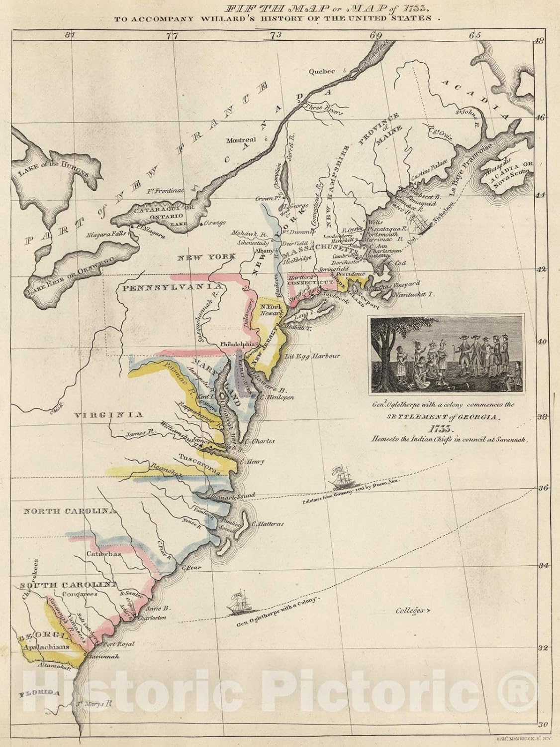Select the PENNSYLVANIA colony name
pyautogui.click(x=165, y=288)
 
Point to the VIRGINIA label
pyautogui.click(x=109, y=414)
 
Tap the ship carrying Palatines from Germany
pyautogui.click(x=340, y=479)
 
